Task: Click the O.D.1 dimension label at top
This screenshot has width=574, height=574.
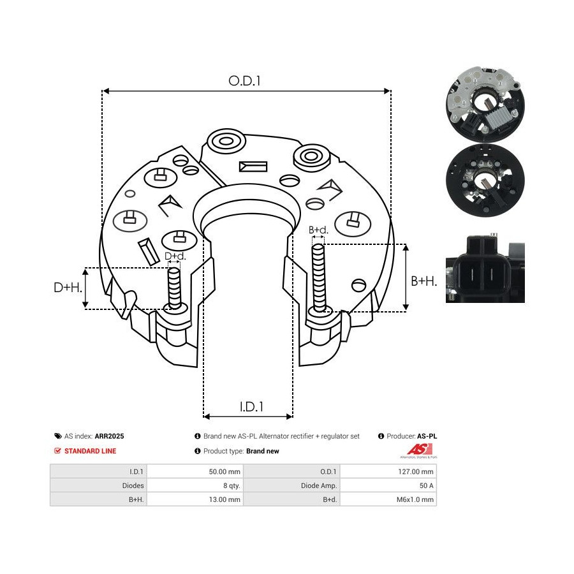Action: click(x=244, y=80)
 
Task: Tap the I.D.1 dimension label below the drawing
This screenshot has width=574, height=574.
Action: click(x=251, y=406)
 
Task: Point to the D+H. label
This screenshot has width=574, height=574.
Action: click(x=68, y=288)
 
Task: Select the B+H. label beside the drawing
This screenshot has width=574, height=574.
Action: click(x=424, y=281)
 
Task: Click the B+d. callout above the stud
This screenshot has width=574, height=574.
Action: click(x=318, y=230)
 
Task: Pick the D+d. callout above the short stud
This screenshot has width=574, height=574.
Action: click(x=175, y=256)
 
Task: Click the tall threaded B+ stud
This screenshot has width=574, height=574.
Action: click(x=319, y=278)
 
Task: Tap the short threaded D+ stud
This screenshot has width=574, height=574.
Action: click(x=175, y=288)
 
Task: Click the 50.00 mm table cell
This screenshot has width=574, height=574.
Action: click(x=224, y=471)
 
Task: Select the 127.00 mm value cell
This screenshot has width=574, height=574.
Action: click(x=415, y=471)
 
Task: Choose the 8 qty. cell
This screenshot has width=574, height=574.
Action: click(x=232, y=485)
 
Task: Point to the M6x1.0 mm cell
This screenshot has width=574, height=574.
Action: click(x=415, y=499)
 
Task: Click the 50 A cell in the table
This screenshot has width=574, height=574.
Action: click(x=427, y=485)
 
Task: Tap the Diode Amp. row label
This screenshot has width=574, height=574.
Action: click(x=319, y=485)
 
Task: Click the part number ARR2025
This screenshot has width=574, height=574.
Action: click(x=109, y=436)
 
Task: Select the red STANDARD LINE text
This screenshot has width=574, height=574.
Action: click(x=90, y=451)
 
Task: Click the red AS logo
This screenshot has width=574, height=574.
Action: click(x=420, y=450)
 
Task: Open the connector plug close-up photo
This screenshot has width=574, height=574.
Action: click(x=485, y=269)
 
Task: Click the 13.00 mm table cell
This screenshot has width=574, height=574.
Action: click(x=224, y=499)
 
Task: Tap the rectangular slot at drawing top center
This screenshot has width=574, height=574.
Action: click(x=253, y=166)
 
